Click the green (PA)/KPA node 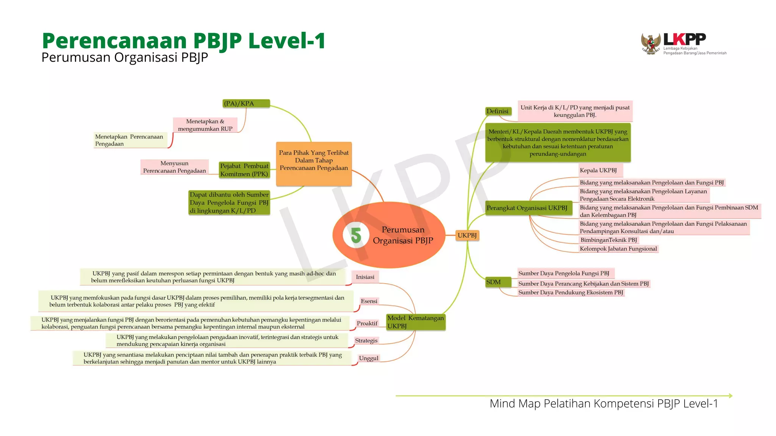click(246, 103)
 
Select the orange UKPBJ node click(467, 235)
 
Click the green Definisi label click(498, 111)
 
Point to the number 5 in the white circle click(356, 235)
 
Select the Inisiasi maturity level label click(365, 277)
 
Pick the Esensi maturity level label click(369, 301)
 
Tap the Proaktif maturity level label click(367, 323)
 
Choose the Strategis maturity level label click(366, 341)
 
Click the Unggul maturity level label click(368, 358)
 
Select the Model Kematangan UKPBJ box click(415, 322)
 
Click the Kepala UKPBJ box click(599, 170)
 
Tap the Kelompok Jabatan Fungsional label click(618, 249)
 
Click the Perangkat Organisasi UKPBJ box click(528, 208)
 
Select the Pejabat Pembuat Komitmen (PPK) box click(244, 170)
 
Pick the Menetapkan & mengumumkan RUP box click(205, 125)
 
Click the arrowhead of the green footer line click(730, 396)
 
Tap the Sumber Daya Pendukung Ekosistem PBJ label click(570, 293)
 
